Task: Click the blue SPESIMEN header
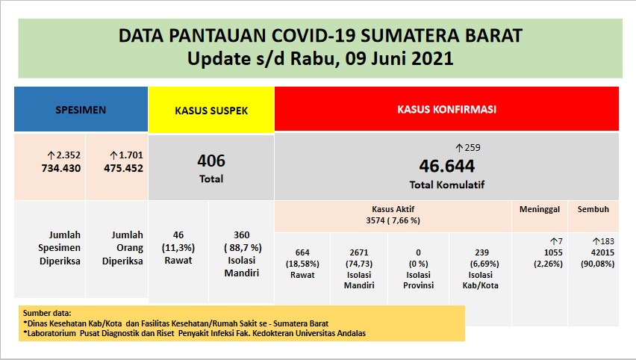(81, 109)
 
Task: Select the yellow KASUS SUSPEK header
(211, 110)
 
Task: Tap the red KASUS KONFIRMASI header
(446, 109)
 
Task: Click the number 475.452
(123, 168)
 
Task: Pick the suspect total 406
(211, 161)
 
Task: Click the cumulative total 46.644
(446, 166)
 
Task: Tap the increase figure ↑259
(468, 147)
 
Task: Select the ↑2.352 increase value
(63, 155)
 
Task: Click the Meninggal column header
(539, 209)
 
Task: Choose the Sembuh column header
(593, 209)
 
